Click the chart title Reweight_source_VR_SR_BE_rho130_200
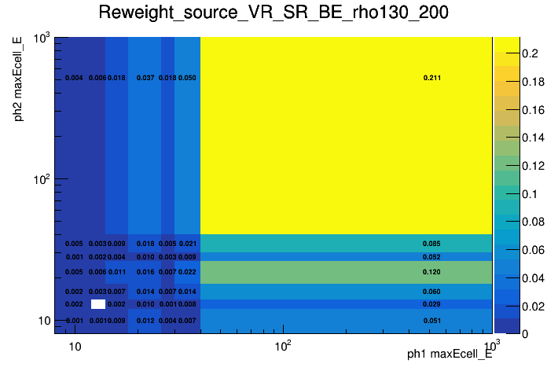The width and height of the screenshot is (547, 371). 273,13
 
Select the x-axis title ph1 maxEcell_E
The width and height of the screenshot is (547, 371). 450,354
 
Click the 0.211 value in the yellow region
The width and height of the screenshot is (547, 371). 431,78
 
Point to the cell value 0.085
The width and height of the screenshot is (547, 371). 431,244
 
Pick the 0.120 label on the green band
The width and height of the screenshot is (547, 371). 431,272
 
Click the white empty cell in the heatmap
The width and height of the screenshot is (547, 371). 97,304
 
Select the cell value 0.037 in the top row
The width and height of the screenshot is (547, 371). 145,78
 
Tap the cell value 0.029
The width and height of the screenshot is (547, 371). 431,304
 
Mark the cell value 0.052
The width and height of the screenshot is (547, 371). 431,257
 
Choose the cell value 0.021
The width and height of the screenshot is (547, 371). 187,244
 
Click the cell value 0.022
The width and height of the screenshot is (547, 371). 187,272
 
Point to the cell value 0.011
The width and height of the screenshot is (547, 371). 116,272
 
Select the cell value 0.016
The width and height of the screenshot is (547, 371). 145,272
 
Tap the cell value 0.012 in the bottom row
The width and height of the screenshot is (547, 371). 145,321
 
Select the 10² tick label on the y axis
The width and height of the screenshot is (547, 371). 41,179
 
